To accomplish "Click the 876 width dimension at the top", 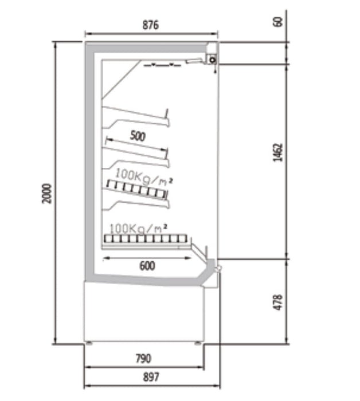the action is [150, 25].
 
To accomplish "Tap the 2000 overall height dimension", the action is [46, 194].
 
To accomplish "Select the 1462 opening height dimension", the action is [278, 153].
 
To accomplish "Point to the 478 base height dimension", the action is [278, 302].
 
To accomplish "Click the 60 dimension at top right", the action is [278, 22].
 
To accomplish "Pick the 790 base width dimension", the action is [143, 359].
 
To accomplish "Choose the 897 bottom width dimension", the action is [151, 377].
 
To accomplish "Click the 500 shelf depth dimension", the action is [138, 136].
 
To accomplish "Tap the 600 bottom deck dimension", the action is [147, 266].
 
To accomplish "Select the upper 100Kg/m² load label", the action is [144, 176].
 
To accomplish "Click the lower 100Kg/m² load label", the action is [138, 228].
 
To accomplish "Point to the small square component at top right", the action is [212, 60].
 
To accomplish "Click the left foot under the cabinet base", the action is [89, 343].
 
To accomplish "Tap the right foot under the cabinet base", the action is [197, 343].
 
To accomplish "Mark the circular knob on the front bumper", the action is [218, 268].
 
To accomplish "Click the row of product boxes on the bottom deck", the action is [146, 239].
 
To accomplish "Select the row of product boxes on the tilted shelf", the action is [137, 189].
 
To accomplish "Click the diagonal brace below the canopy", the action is [122, 79].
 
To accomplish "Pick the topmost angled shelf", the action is [136, 117].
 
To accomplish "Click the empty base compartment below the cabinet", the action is [144, 313].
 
